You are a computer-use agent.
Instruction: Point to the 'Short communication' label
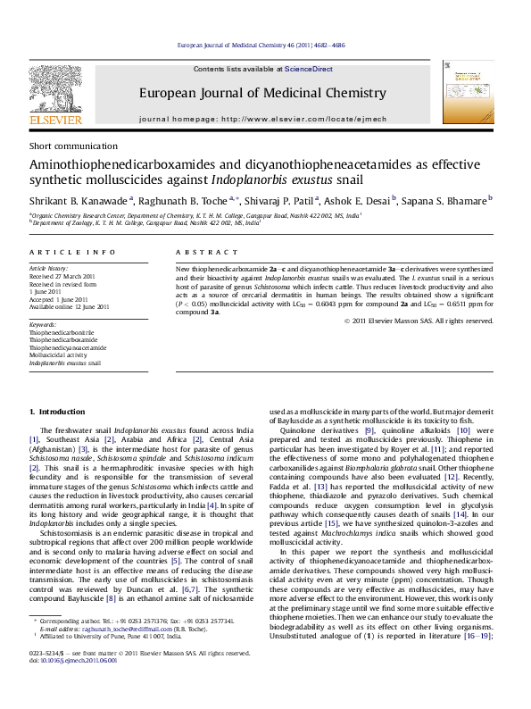coord(59,145)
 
